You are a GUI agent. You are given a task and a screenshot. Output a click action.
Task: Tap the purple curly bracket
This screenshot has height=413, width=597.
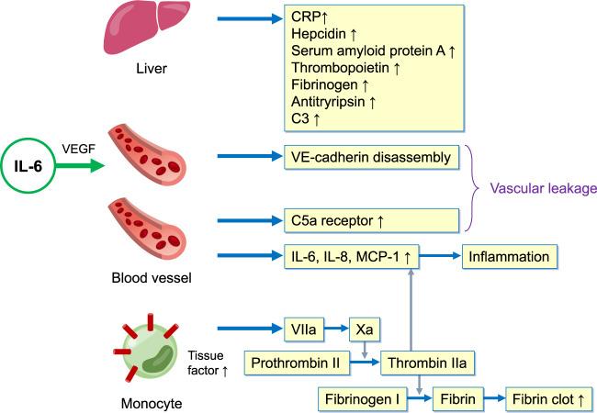point(476,188)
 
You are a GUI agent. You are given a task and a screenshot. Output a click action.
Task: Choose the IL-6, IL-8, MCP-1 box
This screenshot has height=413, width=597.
point(349,257)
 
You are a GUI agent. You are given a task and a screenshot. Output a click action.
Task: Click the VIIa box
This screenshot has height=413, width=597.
point(303,328)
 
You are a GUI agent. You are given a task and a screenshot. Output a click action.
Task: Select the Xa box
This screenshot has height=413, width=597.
point(364,328)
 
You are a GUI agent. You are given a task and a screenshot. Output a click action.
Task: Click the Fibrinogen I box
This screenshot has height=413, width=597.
point(362,399)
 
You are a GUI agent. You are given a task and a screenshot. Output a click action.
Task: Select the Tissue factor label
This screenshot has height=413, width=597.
point(207,363)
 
